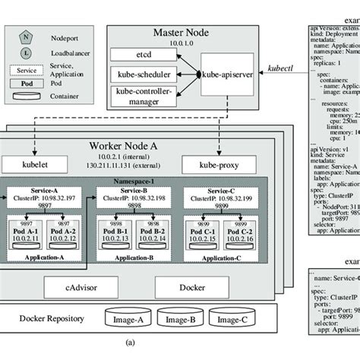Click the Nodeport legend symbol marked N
pyautogui.click(x=26, y=35)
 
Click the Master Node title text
pyautogui.click(x=182, y=32)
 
